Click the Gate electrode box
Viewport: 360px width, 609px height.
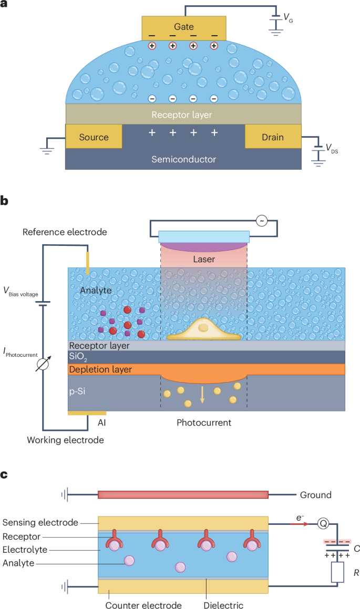click(x=184, y=28)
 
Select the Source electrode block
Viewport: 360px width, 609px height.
click(x=94, y=136)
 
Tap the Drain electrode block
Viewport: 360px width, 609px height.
click(x=273, y=136)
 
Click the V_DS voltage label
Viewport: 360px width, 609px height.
click(x=332, y=148)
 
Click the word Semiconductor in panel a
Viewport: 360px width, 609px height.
click(x=184, y=159)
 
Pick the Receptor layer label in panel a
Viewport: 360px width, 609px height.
click(x=182, y=115)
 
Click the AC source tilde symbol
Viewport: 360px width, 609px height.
click(x=262, y=221)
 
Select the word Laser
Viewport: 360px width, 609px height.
click(x=204, y=259)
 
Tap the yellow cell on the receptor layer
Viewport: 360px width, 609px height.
click(x=204, y=330)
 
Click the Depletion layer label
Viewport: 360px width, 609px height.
click(x=100, y=369)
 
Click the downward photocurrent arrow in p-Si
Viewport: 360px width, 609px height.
click(x=202, y=395)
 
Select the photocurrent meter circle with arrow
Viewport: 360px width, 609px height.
click(x=43, y=364)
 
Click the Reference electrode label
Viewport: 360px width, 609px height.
click(x=65, y=232)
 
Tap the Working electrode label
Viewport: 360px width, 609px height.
click(x=65, y=440)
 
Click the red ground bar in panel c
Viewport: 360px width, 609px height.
click(x=183, y=495)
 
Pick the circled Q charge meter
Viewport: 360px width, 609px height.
click(x=323, y=524)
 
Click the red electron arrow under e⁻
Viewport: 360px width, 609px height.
click(x=300, y=524)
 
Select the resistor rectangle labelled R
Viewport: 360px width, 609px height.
click(x=337, y=572)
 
